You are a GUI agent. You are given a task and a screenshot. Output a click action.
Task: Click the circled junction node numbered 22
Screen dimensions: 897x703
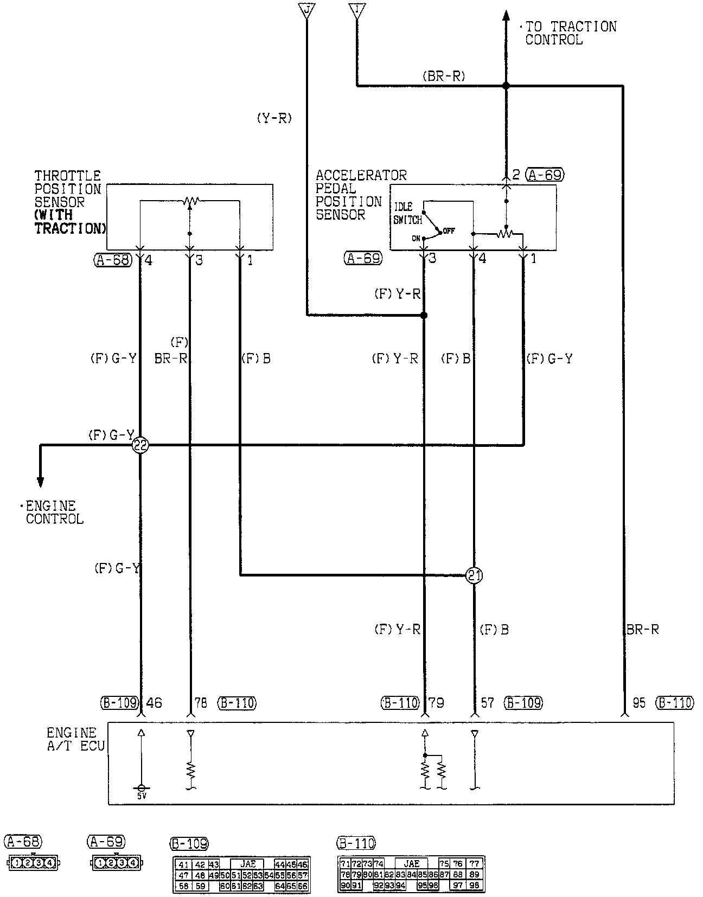[140, 445]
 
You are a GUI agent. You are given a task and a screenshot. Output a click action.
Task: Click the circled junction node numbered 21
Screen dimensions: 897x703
[474, 575]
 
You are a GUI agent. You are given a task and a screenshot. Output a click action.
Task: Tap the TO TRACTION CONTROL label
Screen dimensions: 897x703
[570, 33]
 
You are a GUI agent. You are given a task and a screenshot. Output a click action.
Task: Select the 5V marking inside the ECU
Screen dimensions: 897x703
[142, 796]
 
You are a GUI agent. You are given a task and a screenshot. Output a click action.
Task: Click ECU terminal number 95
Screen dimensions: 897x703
[639, 703]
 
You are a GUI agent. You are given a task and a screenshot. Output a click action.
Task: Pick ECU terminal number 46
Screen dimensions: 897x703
[154, 703]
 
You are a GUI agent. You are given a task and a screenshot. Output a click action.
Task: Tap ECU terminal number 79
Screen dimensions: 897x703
[437, 703]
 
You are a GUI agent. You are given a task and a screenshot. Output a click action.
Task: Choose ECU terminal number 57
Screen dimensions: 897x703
[488, 703]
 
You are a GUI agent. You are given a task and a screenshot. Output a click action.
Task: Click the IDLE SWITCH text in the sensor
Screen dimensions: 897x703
[407, 213]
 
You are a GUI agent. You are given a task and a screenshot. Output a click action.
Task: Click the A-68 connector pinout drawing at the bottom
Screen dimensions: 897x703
[33, 862]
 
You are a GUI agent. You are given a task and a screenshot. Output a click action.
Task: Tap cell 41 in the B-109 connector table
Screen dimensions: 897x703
[184, 865]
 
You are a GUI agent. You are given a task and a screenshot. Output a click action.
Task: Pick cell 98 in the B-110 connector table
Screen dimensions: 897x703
[475, 886]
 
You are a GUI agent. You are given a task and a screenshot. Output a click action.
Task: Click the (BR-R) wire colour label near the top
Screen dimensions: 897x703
[443, 76]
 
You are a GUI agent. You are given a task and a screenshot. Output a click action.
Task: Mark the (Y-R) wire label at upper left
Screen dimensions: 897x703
[274, 118]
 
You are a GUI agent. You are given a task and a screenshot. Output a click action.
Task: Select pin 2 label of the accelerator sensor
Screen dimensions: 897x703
[516, 175]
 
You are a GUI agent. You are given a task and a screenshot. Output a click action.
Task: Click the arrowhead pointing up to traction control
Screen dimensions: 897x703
[506, 16]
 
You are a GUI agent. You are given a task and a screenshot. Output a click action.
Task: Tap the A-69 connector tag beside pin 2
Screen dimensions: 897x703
[545, 175]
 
